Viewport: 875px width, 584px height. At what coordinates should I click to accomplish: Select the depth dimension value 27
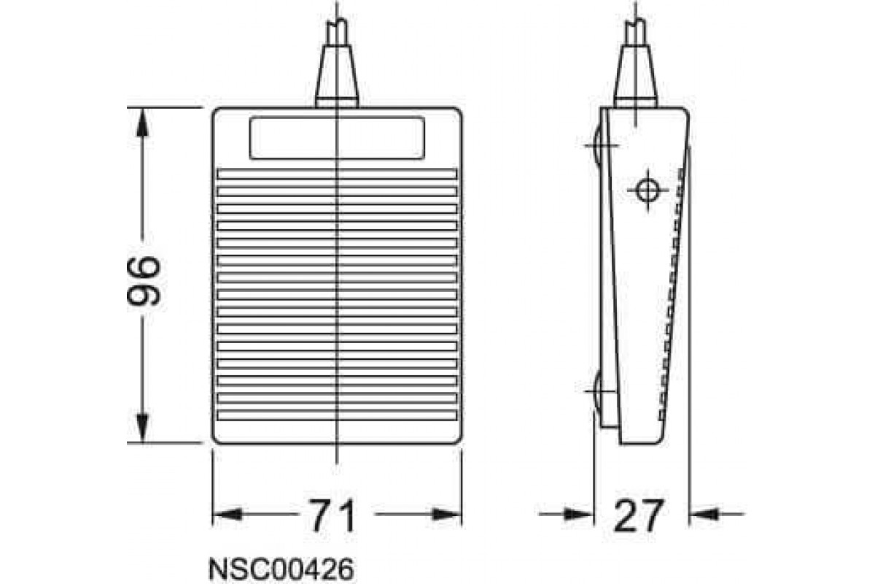point(639,515)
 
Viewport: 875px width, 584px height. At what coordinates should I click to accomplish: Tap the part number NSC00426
point(281,568)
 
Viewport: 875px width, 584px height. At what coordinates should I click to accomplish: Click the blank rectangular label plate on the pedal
point(336,138)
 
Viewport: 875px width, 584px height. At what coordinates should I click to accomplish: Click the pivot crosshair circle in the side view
point(645,190)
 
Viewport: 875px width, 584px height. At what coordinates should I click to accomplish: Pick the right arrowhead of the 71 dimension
point(446,515)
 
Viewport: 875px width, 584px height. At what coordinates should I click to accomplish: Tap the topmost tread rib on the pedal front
point(338,174)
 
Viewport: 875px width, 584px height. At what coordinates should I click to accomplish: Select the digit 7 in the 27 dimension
point(652,515)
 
